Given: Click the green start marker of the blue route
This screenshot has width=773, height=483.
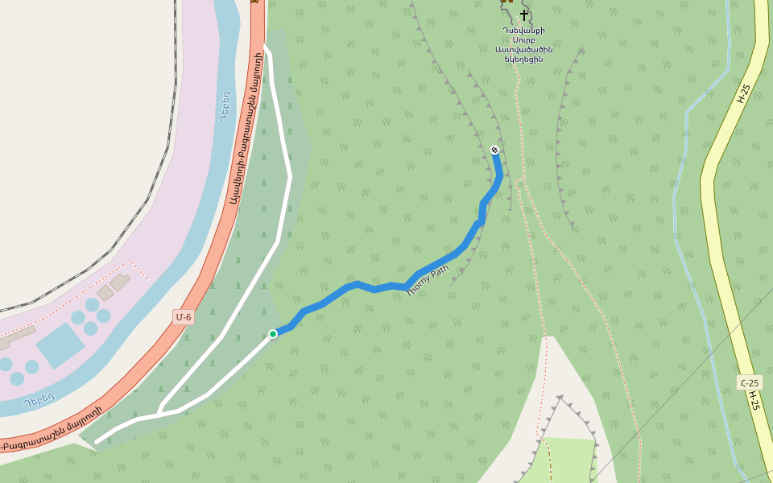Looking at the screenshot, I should (x=273, y=334).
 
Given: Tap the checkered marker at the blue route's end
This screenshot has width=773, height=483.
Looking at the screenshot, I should (x=494, y=150).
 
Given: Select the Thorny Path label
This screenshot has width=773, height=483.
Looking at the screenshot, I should (x=428, y=282).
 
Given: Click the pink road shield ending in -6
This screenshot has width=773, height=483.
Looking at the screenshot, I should (x=184, y=317).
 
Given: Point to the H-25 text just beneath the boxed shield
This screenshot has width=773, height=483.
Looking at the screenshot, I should (x=754, y=401).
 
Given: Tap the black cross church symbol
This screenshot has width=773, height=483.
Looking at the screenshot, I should (x=524, y=15).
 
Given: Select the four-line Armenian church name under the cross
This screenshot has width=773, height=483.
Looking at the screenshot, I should (x=524, y=45).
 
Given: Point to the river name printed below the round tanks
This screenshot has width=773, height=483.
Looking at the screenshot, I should (x=39, y=398).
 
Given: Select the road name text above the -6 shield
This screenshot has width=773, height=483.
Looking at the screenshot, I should (x=244, y=129).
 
